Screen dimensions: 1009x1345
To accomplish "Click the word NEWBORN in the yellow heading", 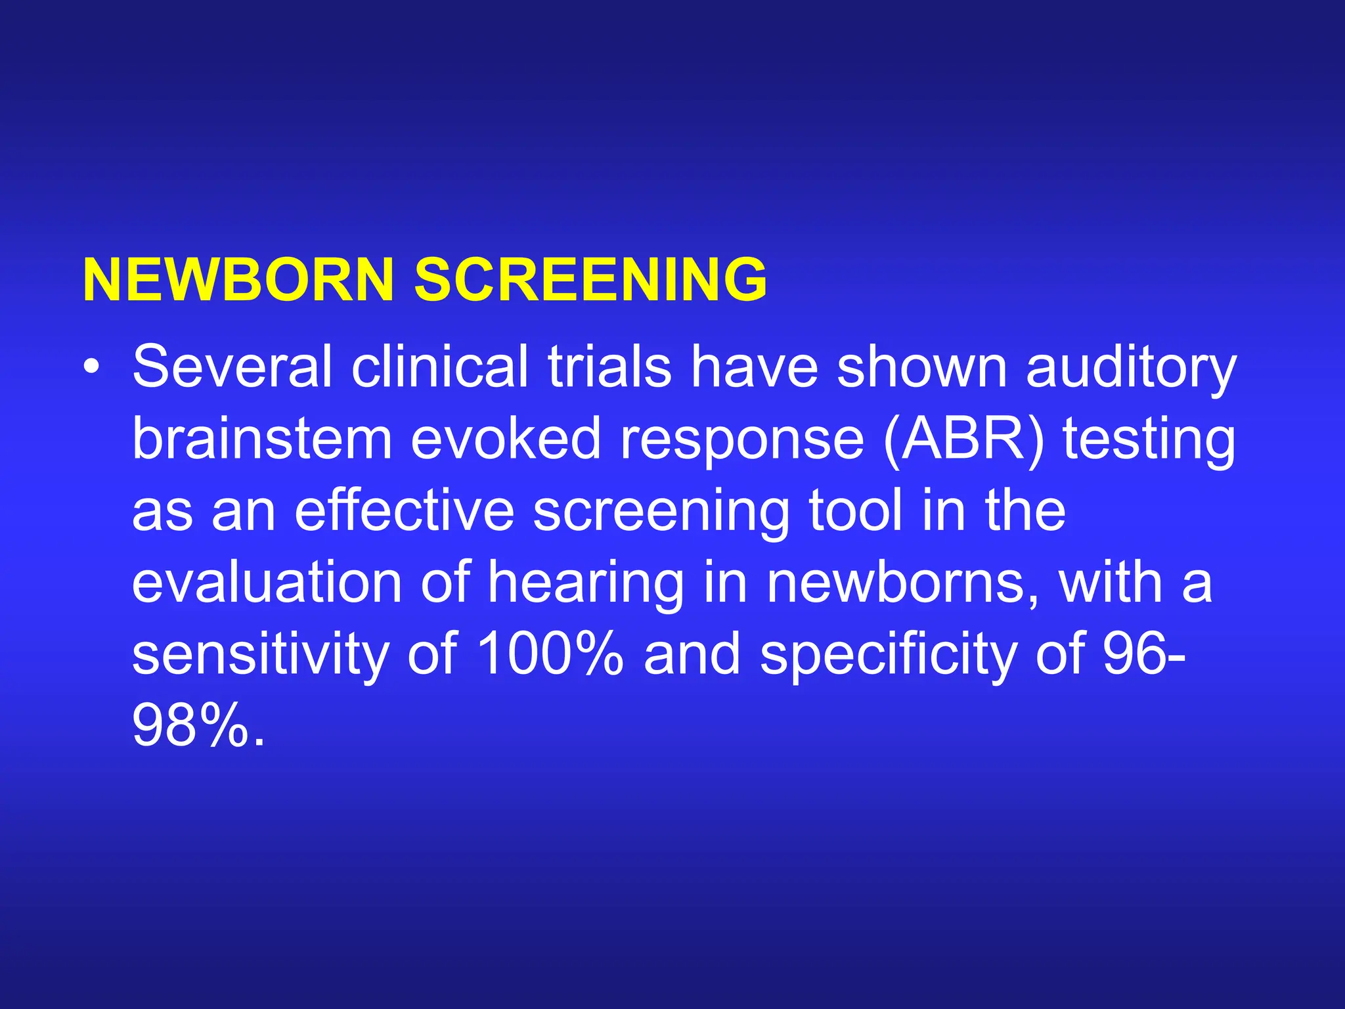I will pos(238,280).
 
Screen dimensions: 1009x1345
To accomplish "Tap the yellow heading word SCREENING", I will pos(590,280).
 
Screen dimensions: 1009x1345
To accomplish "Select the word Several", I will pos(232,367).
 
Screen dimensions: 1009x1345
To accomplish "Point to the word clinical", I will pos(439,367).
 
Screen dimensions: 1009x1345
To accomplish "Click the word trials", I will pos(609,367).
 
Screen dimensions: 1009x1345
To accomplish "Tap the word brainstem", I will pos(262,439).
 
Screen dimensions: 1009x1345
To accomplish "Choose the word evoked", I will pos(506,439).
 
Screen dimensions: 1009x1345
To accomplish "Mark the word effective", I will pos(404,511).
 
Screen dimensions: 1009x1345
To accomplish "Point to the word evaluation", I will pos(267,583).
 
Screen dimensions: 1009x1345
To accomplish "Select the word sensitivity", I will pos(261,656).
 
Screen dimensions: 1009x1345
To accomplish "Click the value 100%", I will pos(549,654).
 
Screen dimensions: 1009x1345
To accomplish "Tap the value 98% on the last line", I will pos(191,727).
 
